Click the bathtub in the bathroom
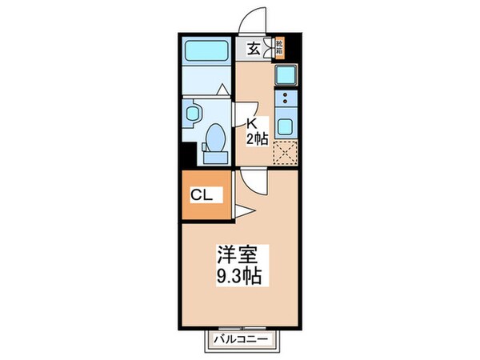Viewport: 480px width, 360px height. coord(206,52)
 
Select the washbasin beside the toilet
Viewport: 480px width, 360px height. coord(192,114)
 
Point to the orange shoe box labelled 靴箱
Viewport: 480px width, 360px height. coord(279,47)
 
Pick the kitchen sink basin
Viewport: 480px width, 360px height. coord(286,75)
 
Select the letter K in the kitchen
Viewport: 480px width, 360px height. coord(250,124)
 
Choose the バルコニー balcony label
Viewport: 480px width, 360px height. coord(247,339)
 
